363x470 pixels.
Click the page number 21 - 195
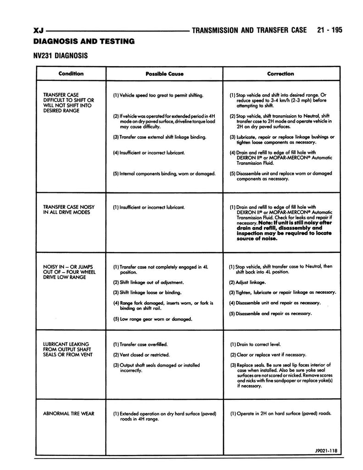(x=329, y=31)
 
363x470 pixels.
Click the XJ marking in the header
(x=39, y=31)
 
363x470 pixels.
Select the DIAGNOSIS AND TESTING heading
(x=84, y=41)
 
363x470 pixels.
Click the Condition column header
(x=71, y=73)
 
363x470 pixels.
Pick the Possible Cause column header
(x=164, y=74)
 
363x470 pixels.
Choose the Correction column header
(x=280, y=73)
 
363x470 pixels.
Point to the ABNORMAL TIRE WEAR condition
(x=68, y=414)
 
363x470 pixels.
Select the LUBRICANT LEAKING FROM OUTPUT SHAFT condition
(x=66, y=349)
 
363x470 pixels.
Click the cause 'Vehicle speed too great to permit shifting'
(x=158, y=95)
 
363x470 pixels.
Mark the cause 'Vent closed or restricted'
(x=141, y=355)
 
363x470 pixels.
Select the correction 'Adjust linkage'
(x=247, y=282)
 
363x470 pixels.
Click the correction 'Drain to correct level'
(x=255, y=344)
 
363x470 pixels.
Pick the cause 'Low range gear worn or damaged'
(x=152, y=319)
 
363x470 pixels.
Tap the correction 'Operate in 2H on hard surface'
(x=280, y=414)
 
